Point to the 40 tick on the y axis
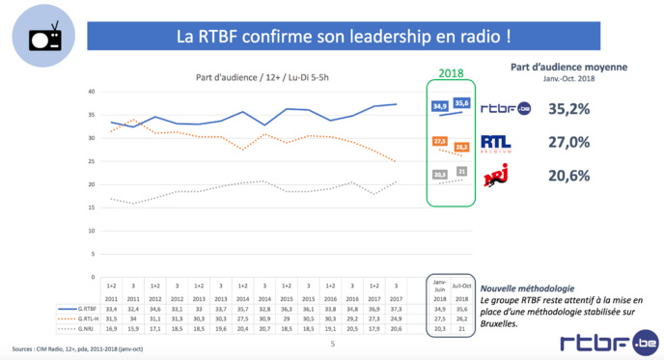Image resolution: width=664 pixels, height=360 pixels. coord(92,92)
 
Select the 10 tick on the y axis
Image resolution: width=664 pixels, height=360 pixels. coord(92,231)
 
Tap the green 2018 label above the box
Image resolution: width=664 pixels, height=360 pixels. coord(452,73)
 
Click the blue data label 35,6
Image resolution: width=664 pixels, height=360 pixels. coord(462,103)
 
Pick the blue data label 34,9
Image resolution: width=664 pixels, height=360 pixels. coord(440,105)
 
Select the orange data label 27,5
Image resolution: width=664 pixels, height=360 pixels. coord(440,141)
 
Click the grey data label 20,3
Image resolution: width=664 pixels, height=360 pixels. coord(440,175)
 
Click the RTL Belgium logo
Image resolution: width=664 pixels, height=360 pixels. coord(504,143)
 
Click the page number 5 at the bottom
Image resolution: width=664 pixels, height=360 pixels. coord(332,343)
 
